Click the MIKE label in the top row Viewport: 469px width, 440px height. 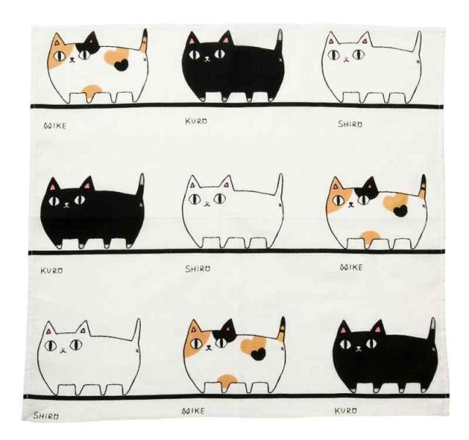point(55,125)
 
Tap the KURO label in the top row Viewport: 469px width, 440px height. point(196,121)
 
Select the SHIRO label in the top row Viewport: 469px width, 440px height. point(350,124)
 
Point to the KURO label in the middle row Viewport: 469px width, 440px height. point(52,271)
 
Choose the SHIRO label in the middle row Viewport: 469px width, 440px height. point(198,269)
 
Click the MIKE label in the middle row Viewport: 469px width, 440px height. point(351,267)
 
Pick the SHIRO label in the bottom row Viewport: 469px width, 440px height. point(45,416)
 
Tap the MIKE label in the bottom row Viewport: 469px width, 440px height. point(193,411)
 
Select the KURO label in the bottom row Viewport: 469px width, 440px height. point(345,411)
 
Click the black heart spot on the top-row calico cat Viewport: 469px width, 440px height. point(121,64)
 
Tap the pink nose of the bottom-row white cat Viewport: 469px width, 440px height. point(62,349)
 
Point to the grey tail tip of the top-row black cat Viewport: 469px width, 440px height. point(280,36)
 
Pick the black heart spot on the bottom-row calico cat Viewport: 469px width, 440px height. point(259,354)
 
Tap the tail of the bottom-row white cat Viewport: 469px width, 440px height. point(137,331)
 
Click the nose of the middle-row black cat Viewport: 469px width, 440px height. point(67,205)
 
